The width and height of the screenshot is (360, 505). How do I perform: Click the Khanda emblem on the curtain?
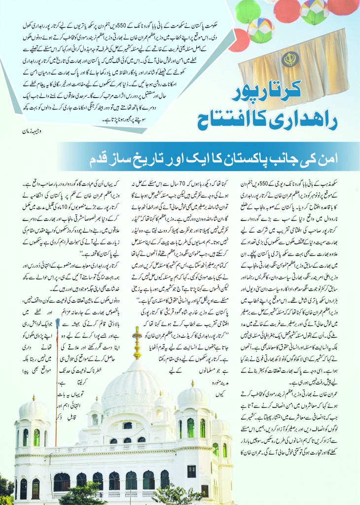pos(290,60)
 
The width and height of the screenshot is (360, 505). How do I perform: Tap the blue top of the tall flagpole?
pos(59,322)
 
